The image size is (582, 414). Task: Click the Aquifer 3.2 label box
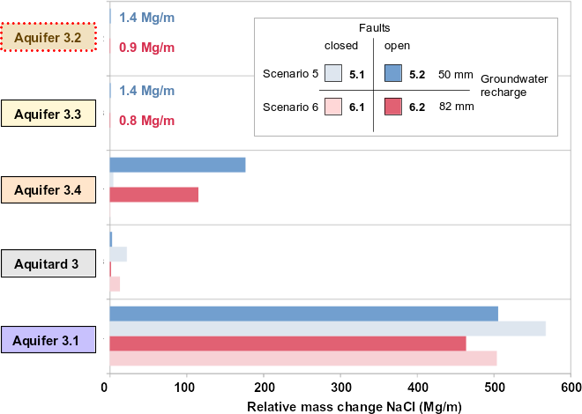tap(49, 38)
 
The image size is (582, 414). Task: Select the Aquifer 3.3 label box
tap(49, 114)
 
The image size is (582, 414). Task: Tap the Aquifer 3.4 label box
tap(49, 189)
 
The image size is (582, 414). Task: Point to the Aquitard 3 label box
tap(49, 263)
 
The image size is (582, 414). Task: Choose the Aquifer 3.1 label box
tap(49, 339)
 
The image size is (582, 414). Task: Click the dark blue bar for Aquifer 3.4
tap(176, 165)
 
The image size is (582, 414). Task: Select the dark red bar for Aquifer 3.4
tap(153, 195)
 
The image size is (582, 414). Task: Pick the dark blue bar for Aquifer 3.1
tap(303, 314)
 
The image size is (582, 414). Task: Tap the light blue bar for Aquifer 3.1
tap(326, 329)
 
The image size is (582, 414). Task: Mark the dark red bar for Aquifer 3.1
tap(287, 344)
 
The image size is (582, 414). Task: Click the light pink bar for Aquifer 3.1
tap(302, 358)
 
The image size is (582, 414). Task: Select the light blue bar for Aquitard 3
tap(118, 255)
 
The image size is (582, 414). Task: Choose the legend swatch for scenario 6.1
tap(333, 107)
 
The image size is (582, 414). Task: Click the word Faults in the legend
tap(374, 28)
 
